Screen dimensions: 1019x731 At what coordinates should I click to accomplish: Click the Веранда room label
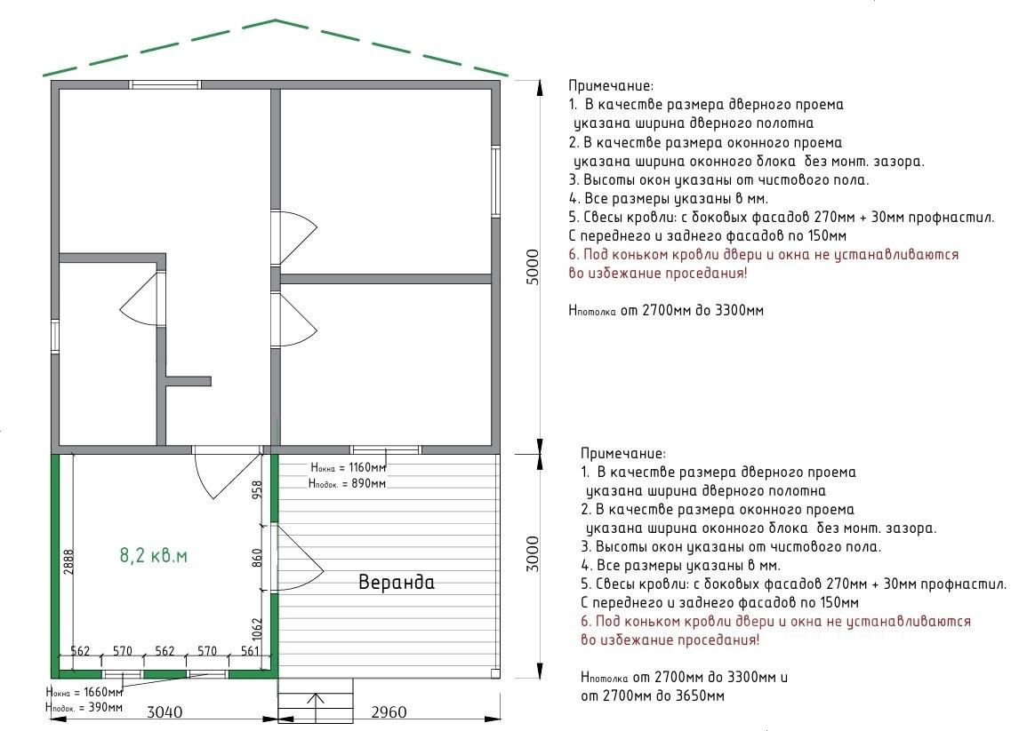[397, 583]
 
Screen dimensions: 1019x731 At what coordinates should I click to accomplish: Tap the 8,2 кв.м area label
[154, 556]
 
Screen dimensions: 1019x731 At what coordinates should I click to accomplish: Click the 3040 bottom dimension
[164, 711]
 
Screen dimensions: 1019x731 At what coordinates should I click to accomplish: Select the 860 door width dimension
[258, 557]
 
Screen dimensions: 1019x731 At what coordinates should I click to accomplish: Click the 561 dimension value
[249, 651]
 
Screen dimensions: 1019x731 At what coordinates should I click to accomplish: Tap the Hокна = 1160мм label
[348, 468]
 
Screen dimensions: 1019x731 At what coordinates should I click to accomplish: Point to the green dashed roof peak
[275, 20]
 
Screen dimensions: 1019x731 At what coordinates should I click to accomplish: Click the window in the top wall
[166, 84]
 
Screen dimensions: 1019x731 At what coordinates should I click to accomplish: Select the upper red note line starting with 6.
[764, 254]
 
